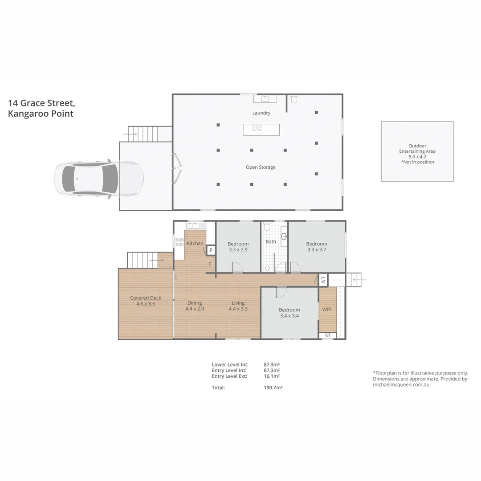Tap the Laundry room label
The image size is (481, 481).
(x=261, y=113)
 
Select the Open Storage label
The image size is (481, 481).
(x=261, y=167)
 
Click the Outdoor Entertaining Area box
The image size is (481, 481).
(x=417, y=151)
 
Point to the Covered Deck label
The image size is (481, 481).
(x=146, y=301)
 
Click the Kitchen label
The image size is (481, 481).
(x=195, y=244)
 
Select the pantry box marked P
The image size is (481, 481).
(x=211, y=251)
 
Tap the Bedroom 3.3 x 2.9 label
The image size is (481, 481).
(x=238, y=247)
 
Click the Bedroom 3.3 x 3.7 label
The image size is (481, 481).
(x=317, y=247)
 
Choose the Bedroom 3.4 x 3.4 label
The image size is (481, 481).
(x=289, y=313)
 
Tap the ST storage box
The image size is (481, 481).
(x=328, y=335)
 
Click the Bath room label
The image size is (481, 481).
(x=271, y=242)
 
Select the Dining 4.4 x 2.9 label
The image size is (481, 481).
(x=195, y=306)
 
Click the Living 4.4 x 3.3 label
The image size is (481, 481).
(x=238, y=306)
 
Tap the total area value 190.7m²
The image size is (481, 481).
(x=273, y=387)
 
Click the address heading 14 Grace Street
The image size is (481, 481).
(x=41, y=103)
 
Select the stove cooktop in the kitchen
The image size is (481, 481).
(x=179, y=242)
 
